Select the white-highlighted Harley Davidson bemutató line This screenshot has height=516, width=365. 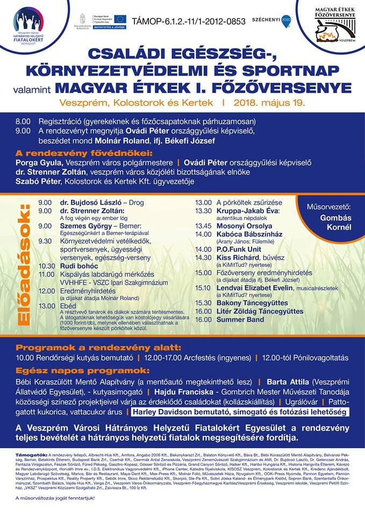coord(238,412)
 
